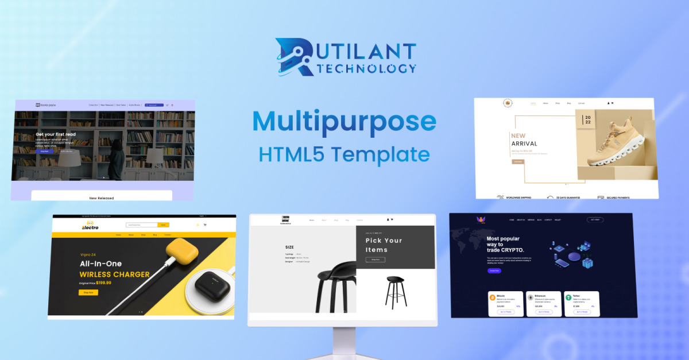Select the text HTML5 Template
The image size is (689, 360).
pyautogui.click(x=344, y=154)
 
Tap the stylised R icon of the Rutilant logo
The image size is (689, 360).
pyautogui.click(x=294, y=57)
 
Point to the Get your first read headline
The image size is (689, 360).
pyautogui.click(x=56, y=134)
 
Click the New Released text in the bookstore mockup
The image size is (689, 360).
pyautogui.click(x=102, y=198)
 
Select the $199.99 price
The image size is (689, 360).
pyautogui.click(x=104, y=282)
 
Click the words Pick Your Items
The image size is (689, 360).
pyautogui.click(x=384, y=245)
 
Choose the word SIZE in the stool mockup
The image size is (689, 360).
pyautogui.click(x=290, y=247)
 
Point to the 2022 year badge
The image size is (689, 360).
pyautogui.click(x=587, y=119)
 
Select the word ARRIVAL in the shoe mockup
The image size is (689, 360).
pyautogui.click(x=524, y=144)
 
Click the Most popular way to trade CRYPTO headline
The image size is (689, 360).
pyautogui.click(x=505, y=244)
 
